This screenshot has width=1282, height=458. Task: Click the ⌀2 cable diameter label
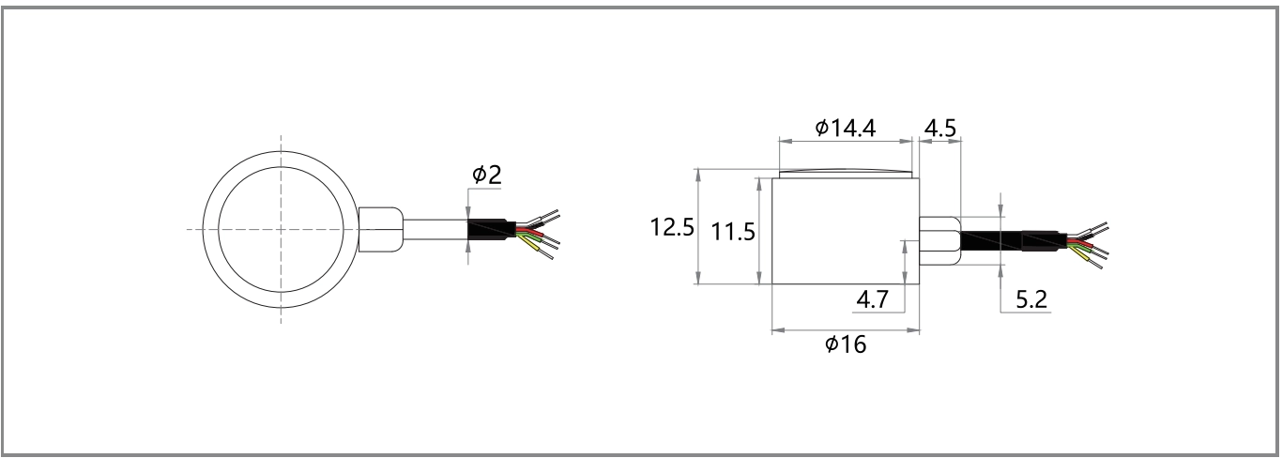[x=486, y=176]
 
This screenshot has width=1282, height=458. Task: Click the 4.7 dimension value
[x=878, y=301]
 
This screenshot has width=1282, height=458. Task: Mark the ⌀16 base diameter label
[x=846, y=344]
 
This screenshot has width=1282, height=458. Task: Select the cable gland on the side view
[x=939, y=240]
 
